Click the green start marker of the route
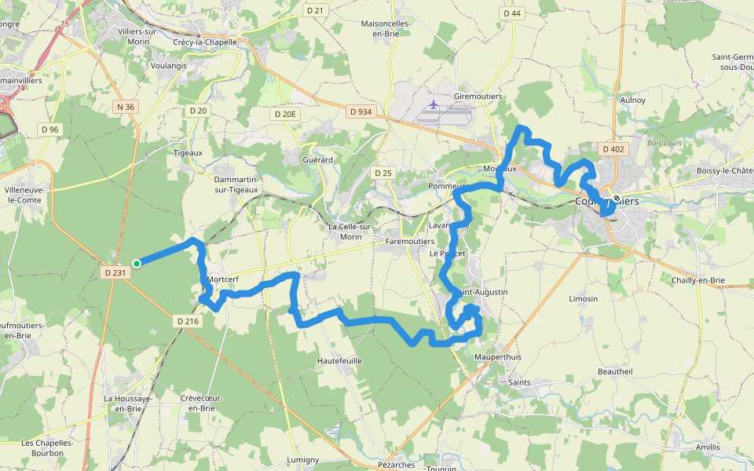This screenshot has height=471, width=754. (x=137, y=264)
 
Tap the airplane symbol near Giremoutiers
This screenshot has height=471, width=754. (x=433, y=104)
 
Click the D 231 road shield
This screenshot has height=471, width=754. (x=115, y=272)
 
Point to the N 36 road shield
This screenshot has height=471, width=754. (x=124, y=107)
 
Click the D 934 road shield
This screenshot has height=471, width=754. (x=360, y=111)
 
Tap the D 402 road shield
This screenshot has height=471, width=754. (x=613, y=148)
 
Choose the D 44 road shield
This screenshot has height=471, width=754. (x=511, y=13)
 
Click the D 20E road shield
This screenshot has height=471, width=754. (x=285, y=114)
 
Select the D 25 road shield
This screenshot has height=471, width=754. (x=382, y=173)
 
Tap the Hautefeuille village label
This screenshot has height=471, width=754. (x=339, y=360)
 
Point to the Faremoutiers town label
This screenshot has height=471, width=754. (x=410, y=242)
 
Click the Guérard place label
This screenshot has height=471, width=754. (x=317, y=159)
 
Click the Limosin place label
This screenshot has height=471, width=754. (x=583, y=299)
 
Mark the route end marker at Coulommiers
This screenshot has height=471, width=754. (x=617, y=199)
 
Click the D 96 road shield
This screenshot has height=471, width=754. (x=49, y=129)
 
